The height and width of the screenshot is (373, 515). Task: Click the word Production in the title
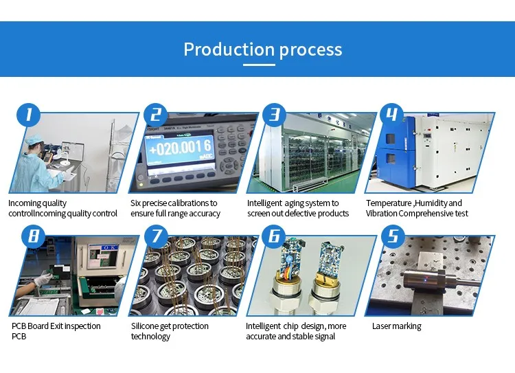(x=229, y=49)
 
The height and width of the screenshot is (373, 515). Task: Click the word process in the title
(x=310, y=50)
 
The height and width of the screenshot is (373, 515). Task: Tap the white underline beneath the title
(x=259, y=65)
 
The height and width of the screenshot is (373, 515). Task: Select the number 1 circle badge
(x=29, y=115)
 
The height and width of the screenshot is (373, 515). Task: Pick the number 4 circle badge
(x=391, y=115)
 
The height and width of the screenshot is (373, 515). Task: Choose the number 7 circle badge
(x=156, y=236)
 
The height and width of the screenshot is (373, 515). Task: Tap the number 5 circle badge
(x=393, y=236)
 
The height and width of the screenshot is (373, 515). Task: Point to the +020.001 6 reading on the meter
(x=180, y=148)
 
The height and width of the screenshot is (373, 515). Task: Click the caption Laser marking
(x=397, y=326)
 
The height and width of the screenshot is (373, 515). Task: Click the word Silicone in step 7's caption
(x=144, y=326)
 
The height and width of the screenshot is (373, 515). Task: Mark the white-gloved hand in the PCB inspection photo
(x=43, y=280)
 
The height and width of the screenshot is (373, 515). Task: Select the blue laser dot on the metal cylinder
(x=426, y=280)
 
